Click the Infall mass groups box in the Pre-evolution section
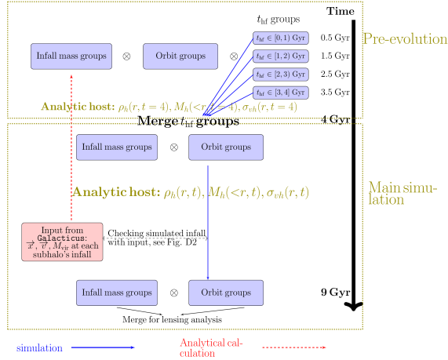click(72, 56)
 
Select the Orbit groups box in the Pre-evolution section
click(180, 56)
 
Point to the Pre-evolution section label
click(404, 38)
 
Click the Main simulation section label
click(403, 194)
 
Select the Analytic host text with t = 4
click(169, 107)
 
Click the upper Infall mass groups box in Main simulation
click(117, 147)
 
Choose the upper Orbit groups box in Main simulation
click(225, 147)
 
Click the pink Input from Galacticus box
click(63, 242)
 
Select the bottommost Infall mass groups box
click(117, 293)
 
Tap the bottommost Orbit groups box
click(225, 293)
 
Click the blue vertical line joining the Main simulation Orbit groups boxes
click(208, 220)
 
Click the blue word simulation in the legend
click(39, 347)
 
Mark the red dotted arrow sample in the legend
click(293, 347)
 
